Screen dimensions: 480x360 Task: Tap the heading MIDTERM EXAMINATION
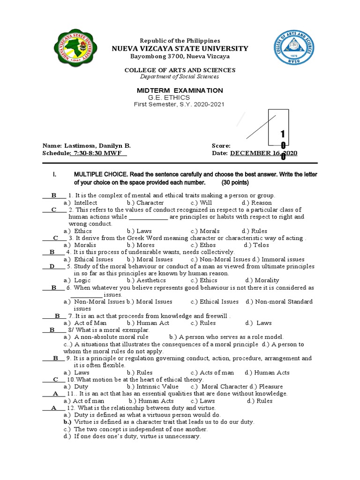point(180,90)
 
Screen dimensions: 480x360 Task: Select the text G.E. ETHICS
point(169,97)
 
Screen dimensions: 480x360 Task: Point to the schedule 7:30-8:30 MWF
point(98,153)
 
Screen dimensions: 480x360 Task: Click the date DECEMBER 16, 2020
point(263,153)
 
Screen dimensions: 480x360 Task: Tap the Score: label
point(221,146)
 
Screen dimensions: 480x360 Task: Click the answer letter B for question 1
point(53,195)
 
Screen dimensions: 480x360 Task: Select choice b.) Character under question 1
point(145,202)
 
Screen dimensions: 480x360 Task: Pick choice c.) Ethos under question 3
point(203,245)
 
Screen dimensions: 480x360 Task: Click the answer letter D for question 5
point(52,266)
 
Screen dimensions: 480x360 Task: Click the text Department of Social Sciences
point(180,77)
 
